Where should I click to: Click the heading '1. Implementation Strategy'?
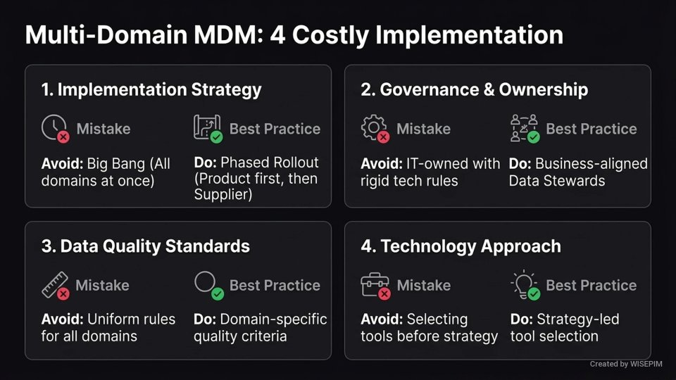(x=151, y=90)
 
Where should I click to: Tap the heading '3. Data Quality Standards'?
(x=145, y=246)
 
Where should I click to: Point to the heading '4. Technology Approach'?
(x=461, y=246)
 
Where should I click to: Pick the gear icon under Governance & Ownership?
(x=373, y=128)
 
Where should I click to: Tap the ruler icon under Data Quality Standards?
(x=54, y=284)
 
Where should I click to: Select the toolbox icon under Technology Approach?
(x=374, y=284)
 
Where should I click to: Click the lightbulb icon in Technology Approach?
(x=523, y=284)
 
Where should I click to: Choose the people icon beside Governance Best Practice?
(x=524, y=128)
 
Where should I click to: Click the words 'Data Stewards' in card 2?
(x=557, y=181)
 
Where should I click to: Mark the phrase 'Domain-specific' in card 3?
(x=274, y=319)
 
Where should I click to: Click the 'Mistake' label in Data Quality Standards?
(x=102, y=285)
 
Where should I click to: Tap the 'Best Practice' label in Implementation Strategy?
(x=275, y=129)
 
